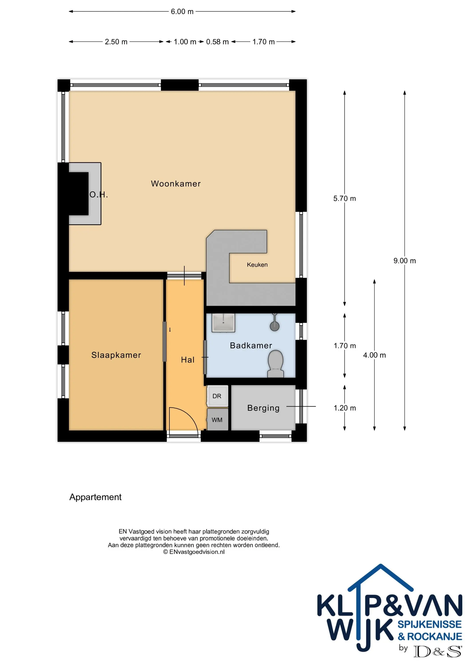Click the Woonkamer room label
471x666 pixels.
click(176, 184)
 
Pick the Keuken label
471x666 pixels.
click(257, 265)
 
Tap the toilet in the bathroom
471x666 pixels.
click(275, 364)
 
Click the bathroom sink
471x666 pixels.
click(223, 323)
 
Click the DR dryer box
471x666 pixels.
click(217, 396)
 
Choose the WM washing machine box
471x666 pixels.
click(217, 420)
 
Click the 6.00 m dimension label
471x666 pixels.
click(182, 12)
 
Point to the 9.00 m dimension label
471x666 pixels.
click(405, 261)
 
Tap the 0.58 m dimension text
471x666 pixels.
click(217, 42)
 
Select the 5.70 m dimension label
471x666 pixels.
click(344, 198)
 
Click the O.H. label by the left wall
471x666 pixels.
click(99, 195)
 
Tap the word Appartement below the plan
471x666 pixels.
click(95, 497)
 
